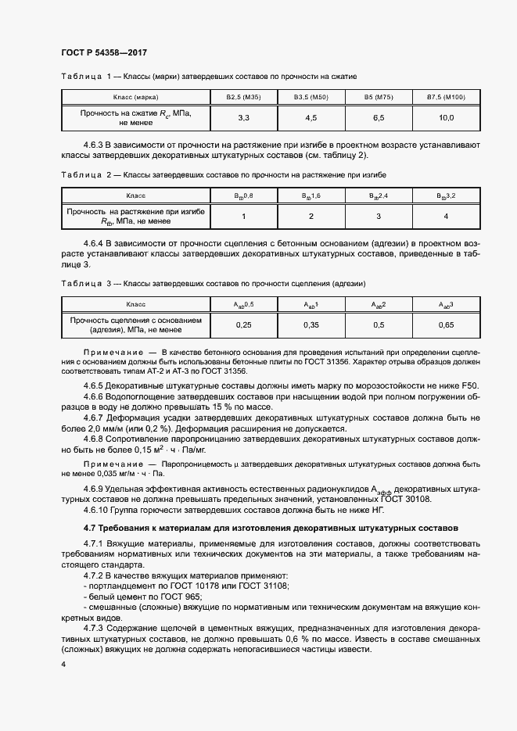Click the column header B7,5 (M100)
point(445,97)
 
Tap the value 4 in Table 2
point(445,217)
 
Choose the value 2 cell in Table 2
point(311,217)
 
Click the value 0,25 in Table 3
point(242,324)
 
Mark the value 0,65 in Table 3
point(445,324)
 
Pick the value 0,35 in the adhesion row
point(311,324)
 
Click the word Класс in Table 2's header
point(135,195)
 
